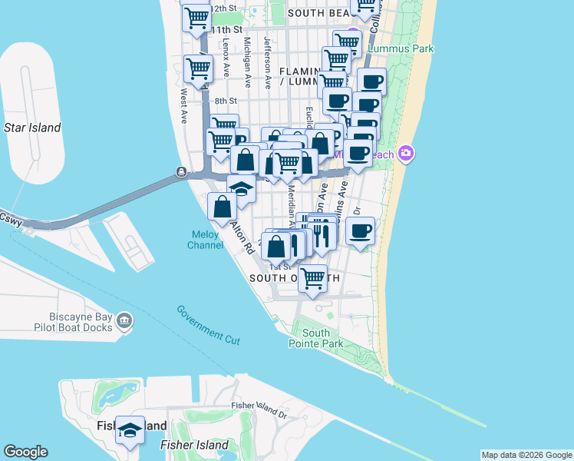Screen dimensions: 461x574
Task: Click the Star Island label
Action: coord(32,128)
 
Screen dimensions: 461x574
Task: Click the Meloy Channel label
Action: coord(206,240)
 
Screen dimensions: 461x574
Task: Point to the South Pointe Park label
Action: coord(322,338)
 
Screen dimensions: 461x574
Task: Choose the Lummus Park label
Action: coord(401,48)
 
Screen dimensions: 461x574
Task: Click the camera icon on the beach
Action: coord(406,154)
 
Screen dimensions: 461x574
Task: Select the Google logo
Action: coord(25,452)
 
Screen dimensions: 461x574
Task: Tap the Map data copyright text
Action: coord(526,455)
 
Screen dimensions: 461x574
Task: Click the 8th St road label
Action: coord(226,101)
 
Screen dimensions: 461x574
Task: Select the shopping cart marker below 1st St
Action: coord(312,278)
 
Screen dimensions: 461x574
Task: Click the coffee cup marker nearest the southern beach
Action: coord(359,230)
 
